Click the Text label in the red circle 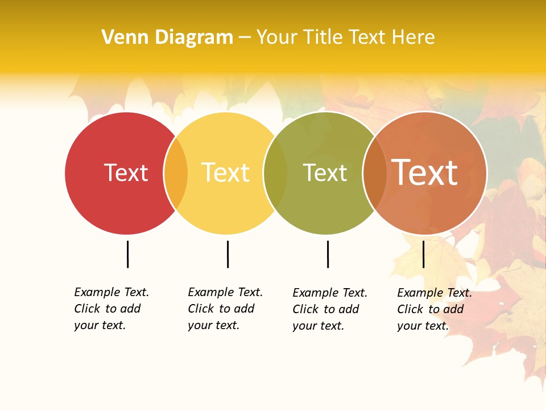[x=126, y=173]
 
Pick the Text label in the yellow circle [x=225, y=173]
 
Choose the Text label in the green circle [x=325, y=173]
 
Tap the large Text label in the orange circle [x=424, y=173]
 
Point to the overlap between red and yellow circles [x=176, y=173]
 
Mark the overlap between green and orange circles [x=374, y=173]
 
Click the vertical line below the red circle [x=127, y=254]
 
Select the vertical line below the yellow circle [x=227, y=254]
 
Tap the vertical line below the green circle [x=328, y=254]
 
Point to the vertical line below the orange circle [x=423, y=254]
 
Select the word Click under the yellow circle [x=201, y=309]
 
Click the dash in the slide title [x=245, y=38]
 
